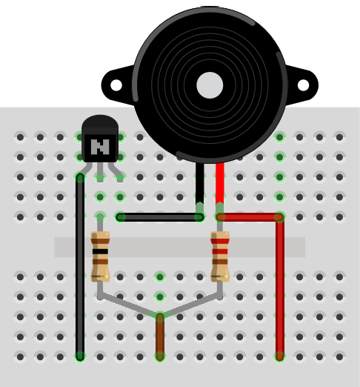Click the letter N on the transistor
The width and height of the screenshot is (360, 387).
100,147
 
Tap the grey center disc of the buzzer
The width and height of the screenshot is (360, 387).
210,85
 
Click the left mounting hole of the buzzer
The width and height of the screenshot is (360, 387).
116,85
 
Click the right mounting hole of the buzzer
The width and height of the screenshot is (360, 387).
303,85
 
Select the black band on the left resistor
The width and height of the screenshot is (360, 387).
100,251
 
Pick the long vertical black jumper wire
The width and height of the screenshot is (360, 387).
80,267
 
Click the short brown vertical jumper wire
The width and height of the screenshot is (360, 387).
160,337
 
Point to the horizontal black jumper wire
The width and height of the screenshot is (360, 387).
160,217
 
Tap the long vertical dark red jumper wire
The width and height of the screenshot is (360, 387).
280,287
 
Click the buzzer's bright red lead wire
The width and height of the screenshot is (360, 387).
220,184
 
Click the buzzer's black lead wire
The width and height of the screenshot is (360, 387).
200,184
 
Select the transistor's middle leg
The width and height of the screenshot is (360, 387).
100,172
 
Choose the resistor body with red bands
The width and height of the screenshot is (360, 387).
220,257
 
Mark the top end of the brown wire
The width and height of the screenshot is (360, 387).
160,317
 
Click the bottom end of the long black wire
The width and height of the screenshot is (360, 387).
80,357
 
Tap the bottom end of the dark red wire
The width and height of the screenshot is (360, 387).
280,357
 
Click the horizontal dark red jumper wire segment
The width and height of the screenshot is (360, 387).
250,217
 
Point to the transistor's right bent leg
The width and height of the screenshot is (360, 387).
116,172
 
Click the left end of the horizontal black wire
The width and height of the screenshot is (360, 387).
120,217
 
